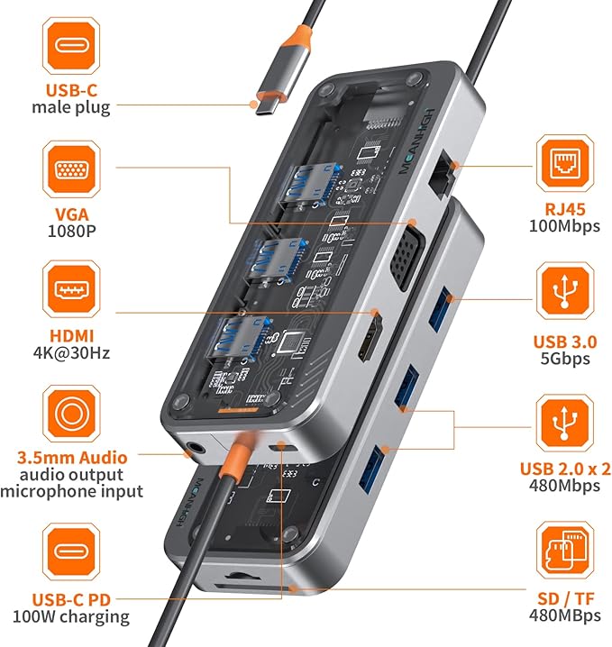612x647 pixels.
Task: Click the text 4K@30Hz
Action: (x=69, y=352)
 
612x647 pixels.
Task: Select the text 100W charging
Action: (x=69, y=617)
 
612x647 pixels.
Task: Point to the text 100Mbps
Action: (x=565, y=226)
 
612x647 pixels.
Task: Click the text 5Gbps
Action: (x=565, y=358)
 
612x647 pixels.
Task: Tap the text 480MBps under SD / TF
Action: (x=565, y=617)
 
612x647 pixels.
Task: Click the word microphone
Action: (x=45, y=491)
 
